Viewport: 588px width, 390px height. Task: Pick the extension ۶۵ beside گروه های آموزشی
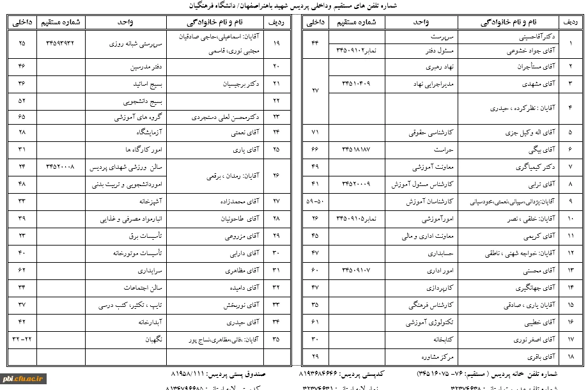tap(22, 117)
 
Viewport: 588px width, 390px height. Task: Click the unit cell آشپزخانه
tap(151, 201)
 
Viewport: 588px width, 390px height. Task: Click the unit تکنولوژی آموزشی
tap(428, 322)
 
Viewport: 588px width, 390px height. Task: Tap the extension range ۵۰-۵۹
tap(315, 201)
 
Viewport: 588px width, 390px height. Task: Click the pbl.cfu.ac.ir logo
tap(22, 378)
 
